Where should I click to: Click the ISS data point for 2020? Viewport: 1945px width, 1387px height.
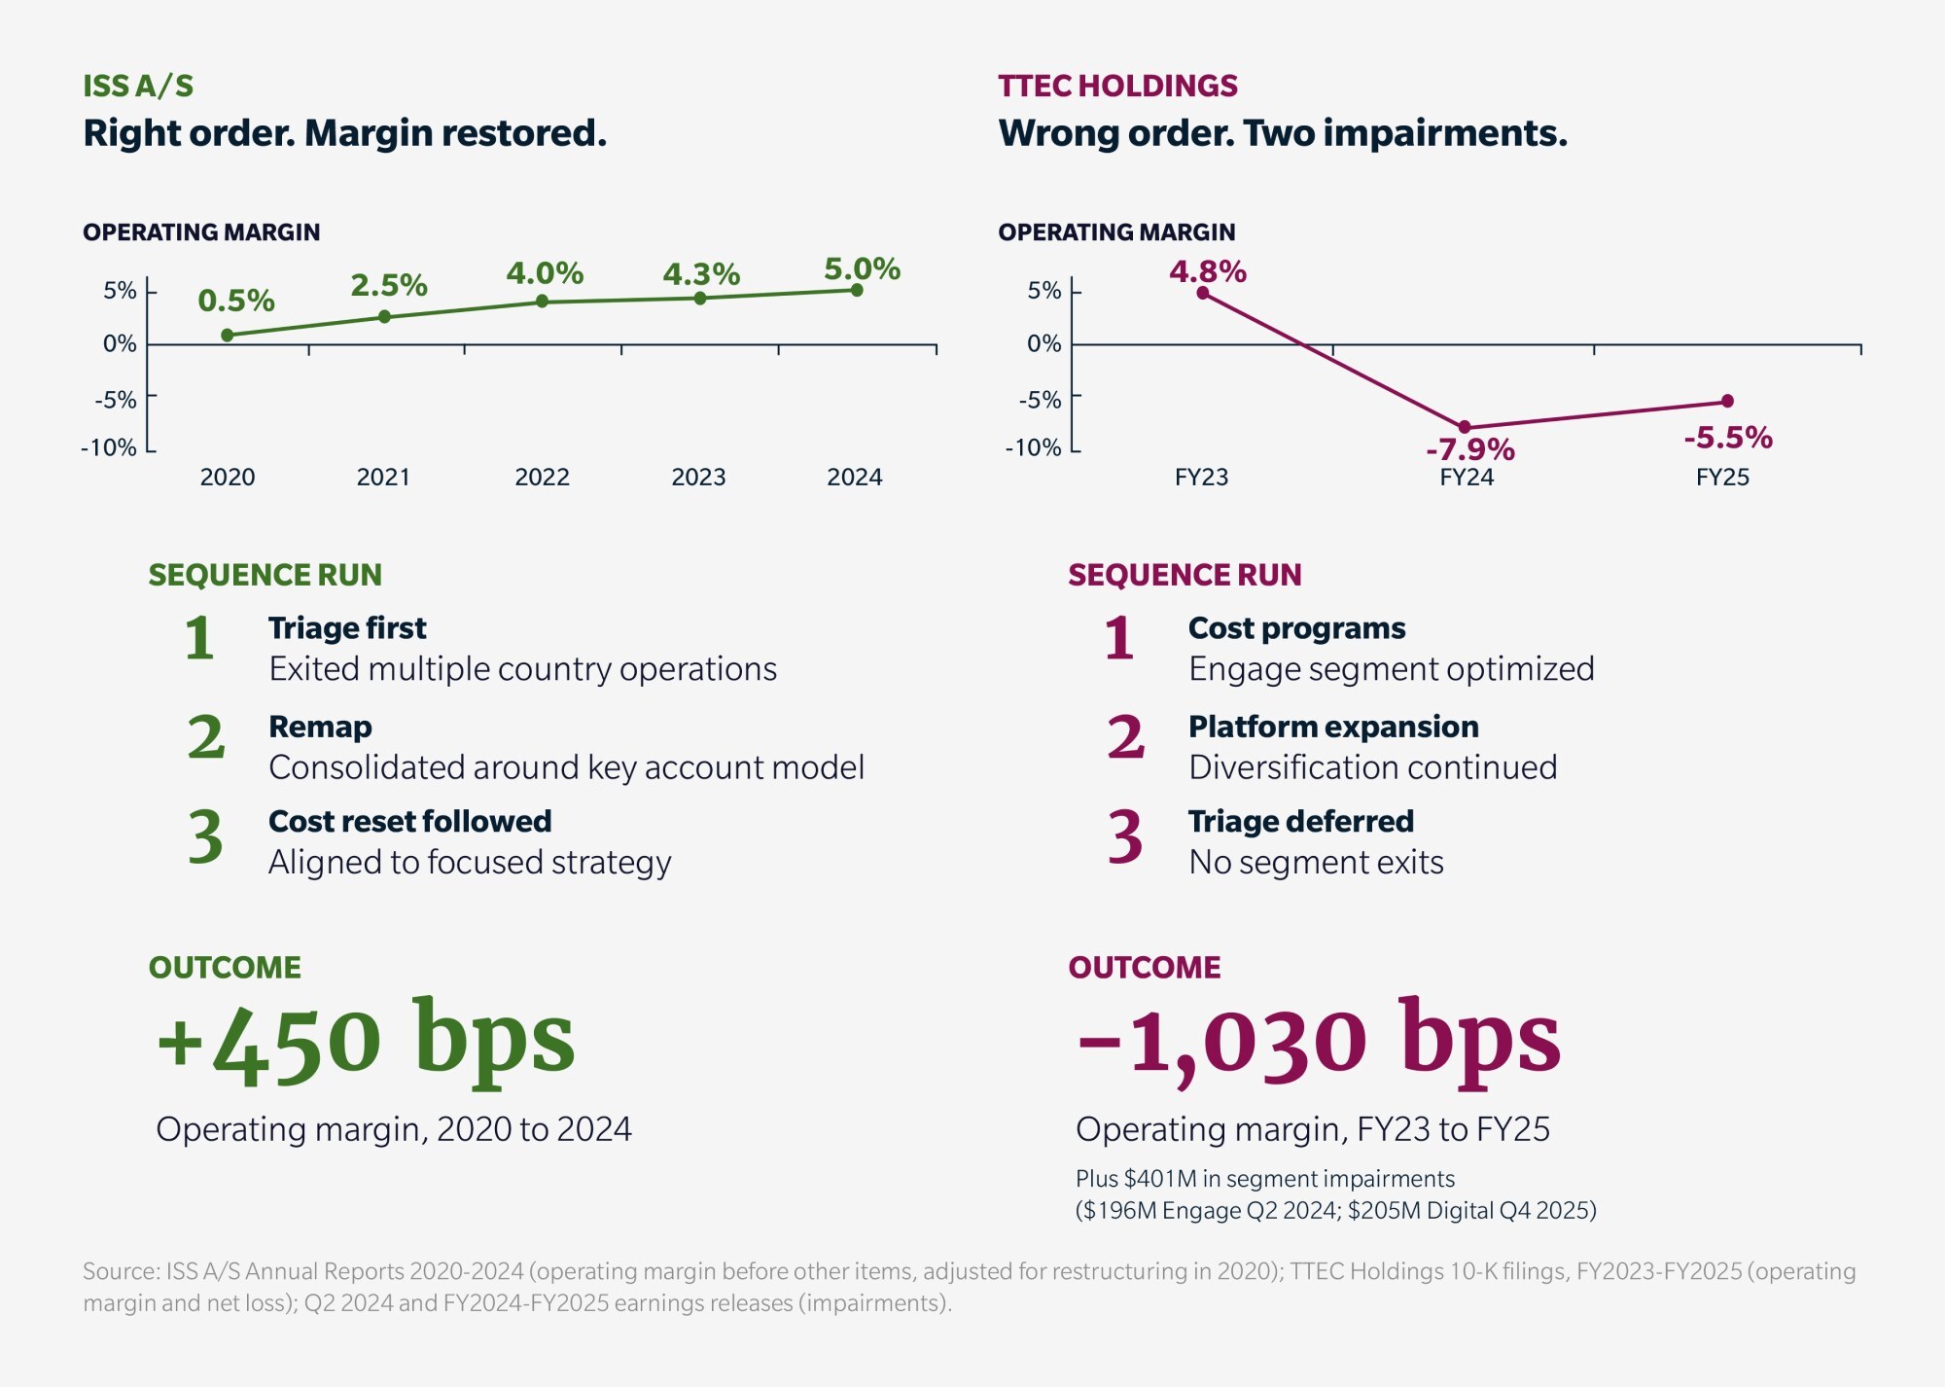(228, 336)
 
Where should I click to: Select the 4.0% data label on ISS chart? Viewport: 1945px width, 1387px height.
(545, 272)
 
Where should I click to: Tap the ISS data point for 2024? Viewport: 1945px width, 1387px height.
(857, 290)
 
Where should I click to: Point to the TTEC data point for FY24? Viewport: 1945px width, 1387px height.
(1465, 427)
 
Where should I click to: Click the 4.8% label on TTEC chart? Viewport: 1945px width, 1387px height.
(1208, 270)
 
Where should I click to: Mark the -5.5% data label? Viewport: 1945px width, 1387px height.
(1728, 438)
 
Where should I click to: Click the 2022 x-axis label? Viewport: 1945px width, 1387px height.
(542, 478)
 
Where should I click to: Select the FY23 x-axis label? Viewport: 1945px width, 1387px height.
(1201, 478)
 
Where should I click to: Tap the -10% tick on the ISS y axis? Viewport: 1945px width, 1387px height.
(109, 447)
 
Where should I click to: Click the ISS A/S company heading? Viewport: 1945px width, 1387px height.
(138, 86)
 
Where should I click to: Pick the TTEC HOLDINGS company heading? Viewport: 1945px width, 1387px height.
(1117, 86)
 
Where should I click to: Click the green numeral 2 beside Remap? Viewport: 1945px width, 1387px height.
(206, 736)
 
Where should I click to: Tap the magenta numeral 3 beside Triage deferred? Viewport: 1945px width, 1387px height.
(1125, 836)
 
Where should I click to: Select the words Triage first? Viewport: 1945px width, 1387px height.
(347, 628)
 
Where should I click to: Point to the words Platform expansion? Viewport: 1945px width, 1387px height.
(1333, 727)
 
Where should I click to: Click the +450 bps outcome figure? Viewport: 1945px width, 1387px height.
(366, 1041)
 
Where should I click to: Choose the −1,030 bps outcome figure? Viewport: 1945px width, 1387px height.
(1319, 1041)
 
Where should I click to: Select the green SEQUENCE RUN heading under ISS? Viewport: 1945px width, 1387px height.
(265, 575)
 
